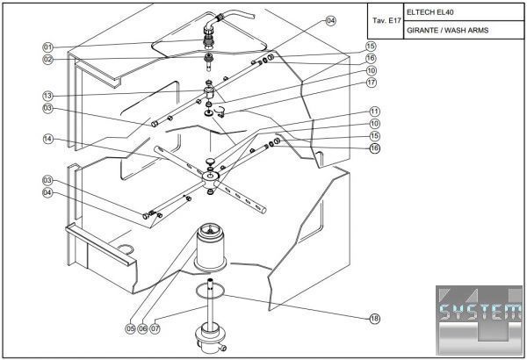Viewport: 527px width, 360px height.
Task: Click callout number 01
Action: coord(47,47)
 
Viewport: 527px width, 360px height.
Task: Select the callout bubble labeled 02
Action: coord(47,59)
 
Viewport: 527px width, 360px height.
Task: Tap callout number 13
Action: coord(47,94)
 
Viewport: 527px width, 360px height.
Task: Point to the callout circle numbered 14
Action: coord(47,138)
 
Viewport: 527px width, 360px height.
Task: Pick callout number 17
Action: coord(372,83)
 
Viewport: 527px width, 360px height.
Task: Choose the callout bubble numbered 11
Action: coord(374,112)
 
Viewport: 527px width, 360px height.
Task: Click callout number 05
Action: coord(130,329)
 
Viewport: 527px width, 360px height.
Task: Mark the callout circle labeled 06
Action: coord(143,329)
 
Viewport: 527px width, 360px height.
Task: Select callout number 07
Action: coord(156,329)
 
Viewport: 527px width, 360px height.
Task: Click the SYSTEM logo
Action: coord(480,312)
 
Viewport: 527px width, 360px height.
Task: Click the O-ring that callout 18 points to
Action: coord(212,291)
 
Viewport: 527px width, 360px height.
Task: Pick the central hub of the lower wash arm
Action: coord(211,176)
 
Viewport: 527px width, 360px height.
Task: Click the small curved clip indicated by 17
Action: coord(220,110)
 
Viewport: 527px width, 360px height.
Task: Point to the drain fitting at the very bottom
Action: coord(212,335)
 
